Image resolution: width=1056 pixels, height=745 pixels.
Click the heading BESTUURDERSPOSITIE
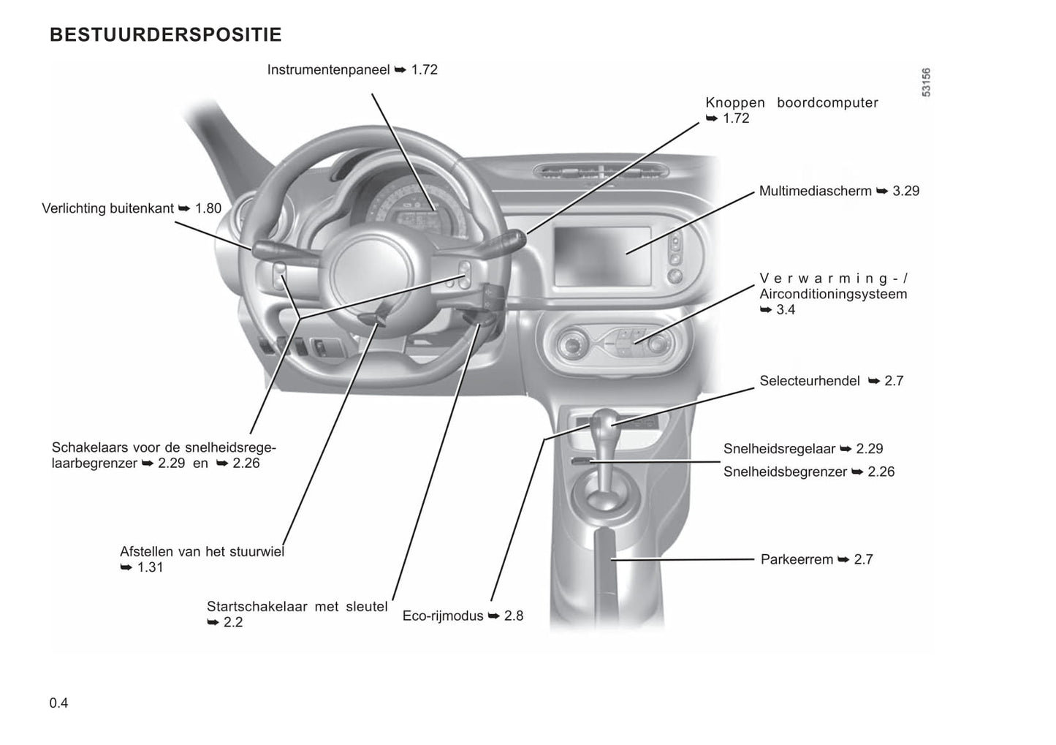click(165, 35)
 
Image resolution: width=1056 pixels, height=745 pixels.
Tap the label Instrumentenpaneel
click(329, 70)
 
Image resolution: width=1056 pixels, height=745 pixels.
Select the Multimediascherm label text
click(815, 192)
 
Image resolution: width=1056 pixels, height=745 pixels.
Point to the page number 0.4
click(59, 703)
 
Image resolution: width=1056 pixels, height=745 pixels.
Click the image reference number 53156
click(926, 83)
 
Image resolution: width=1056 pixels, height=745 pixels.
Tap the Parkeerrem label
click(797, 560)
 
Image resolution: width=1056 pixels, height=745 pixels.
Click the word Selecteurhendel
click(810, 381)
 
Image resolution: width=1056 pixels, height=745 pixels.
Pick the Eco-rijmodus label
click(443, 616)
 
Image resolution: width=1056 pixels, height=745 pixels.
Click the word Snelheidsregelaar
click(780, 449)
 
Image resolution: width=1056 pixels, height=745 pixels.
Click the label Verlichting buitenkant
click(108, 209)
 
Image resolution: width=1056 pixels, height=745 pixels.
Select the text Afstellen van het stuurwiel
click(202, 552)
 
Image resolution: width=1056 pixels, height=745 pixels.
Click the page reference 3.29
click(906, 192)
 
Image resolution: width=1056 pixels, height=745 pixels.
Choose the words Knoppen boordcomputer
click(791, 103)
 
